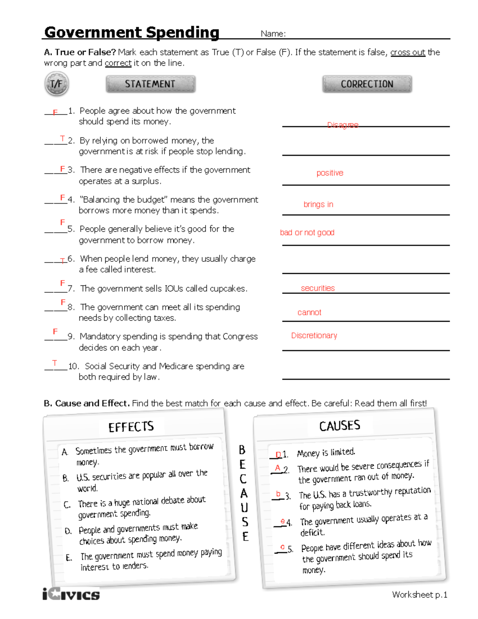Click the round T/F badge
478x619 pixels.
pyautogui.click(x=57, y=84)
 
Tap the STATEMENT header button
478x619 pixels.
pyautogui.click(x=150, y=84)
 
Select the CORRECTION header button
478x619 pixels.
pyautogui.click(x=367, y=84)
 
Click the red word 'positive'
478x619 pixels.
pyautogui.click(x=330, y=173)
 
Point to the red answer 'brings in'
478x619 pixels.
pyautogui.click(x=318, y=204)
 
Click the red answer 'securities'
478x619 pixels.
pyautogui.click(x=318, y=288)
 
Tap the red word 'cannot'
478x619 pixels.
pyautogui.click(x=309, y=312)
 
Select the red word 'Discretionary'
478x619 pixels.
pyautogui.click(x=314, y=336)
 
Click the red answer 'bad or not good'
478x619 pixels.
pyautogui.click(x=307, y=232)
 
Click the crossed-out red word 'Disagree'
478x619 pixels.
pyautogui.click(x=343, y=125)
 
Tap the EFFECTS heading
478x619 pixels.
pyautogui.click(x=131, y=427)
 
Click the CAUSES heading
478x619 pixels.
pyautogui.click(x=340, y=426)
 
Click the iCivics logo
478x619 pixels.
pyautogui.click(x=71, y=595)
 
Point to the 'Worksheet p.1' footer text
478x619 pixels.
pyautogui.click(x=419, y=595)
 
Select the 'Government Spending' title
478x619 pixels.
pyautogui.click(x=132, y=32)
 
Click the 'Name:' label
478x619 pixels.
pyautogui.click(x=273, y=34)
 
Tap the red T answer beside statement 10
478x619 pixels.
pyautogui.click(x=55, y=363)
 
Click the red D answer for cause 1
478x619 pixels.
pyautogui.click(x=278, y=455)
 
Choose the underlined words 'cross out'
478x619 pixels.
pyautogui.click(x=407, y=52)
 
